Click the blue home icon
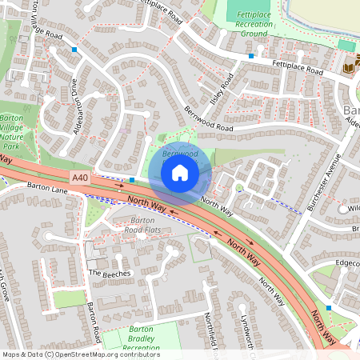click(x=180, y=172)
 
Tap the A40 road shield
click(x=79, y=178)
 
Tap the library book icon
click(x=349, y=70)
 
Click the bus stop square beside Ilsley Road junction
click(x=251, y=56)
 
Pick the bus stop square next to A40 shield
click(x=132, y=179)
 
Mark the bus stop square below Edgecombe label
click(x=329, y=307)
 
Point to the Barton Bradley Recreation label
click(x=132, y=339)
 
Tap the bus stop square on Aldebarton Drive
click(x=74, y=50)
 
